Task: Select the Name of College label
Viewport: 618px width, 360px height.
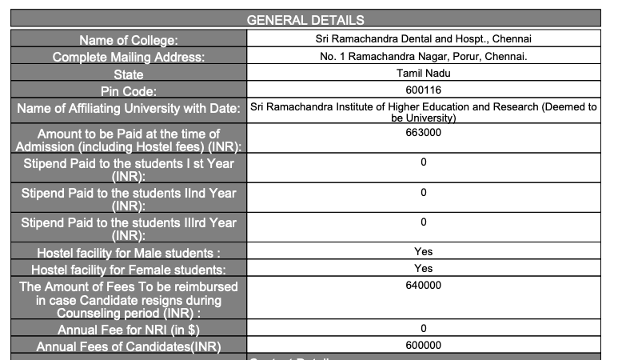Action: (128, 39)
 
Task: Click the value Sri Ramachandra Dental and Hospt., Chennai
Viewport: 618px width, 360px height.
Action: (423, 38)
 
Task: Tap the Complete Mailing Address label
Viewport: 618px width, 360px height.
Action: (128, 57)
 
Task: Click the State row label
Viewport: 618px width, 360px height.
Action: (128, 74)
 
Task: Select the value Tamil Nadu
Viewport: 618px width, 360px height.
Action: (423, 74)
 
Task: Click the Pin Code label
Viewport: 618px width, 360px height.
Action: (128, 91)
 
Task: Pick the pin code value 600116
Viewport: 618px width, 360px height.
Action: (423, 90)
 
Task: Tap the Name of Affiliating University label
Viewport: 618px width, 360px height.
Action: (128, 109)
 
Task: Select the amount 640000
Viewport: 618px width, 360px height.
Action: (423, 285)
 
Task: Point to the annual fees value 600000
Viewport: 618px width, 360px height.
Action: (423, 345)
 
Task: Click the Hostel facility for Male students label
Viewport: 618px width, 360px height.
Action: (128, 254)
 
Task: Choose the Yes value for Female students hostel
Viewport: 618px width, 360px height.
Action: (423, 268)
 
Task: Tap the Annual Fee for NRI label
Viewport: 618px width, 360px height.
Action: (128, 330)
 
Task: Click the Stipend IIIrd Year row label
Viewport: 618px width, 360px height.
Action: (128, 229)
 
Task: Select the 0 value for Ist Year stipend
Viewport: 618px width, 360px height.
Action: (423, 162)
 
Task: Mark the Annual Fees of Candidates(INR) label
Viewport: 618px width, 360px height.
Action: (128, 346)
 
